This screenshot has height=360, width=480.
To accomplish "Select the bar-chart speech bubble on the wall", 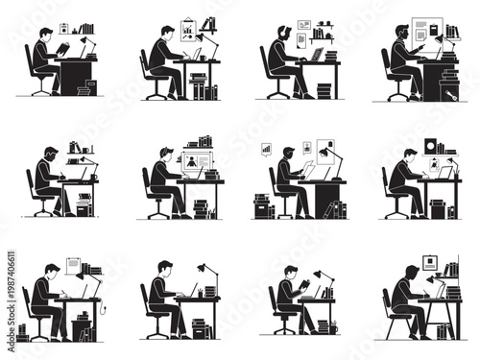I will tap(266, 150).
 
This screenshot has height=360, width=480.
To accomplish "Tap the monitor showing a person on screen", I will tap(198, 162).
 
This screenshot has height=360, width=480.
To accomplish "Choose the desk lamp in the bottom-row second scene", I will tap(204, 270).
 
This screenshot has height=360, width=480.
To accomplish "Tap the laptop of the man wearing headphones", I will tap(316, 56).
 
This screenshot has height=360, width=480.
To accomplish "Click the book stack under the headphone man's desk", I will tap(324, 90).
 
